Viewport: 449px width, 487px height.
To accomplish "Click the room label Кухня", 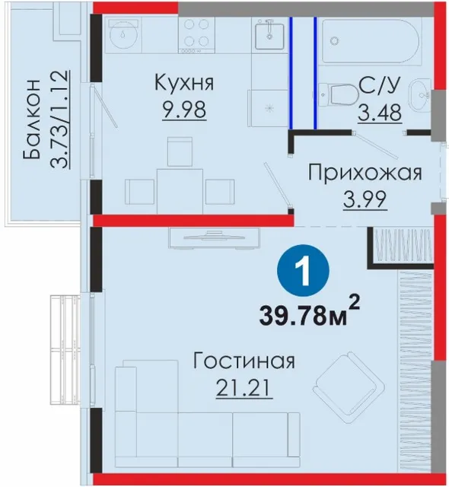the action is [x=184, y=83].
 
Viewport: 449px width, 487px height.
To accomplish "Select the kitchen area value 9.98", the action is [x=184, y=110].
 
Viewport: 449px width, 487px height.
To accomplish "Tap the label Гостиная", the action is [x=244, y=361].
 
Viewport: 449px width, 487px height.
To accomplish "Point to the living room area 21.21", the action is [x=244, y=388].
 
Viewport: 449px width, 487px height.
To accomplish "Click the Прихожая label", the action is [x=365, y=173].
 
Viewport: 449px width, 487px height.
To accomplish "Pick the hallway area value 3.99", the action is [x=365, y=199].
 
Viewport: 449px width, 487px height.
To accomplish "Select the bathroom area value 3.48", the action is [x=380, y=112].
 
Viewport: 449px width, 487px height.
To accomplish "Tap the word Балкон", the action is [x=31, y=119].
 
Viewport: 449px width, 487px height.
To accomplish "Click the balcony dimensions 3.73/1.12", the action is [x=59, y=119].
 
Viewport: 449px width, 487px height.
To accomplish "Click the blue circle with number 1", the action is [x=304, y=270].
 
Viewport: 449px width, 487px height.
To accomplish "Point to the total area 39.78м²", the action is [x=310, y=314].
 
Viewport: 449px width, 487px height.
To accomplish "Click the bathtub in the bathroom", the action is [x=371, y=41].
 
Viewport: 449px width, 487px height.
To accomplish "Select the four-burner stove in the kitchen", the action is [x=196, y=34].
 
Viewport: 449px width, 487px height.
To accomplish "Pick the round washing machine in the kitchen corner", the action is [x=123, y=34].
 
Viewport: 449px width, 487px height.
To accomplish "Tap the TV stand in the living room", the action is [x=214, y=238].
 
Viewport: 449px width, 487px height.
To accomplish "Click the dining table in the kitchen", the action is [x=180, y=191].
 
